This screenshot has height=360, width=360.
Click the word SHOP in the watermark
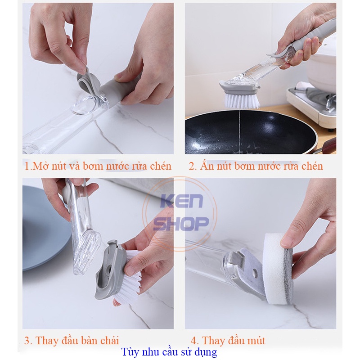181,223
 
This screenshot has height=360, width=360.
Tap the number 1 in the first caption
27,166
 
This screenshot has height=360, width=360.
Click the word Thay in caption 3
47,340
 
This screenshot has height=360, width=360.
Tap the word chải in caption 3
109,340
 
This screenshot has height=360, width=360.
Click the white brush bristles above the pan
242,100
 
